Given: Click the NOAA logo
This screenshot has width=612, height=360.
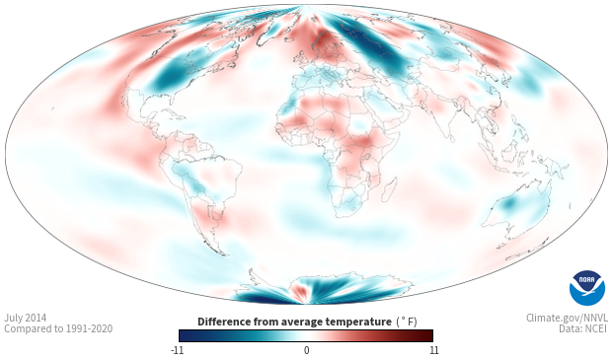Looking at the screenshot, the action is (587, 288).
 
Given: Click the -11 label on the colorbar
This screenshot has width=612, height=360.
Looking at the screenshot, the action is (178, 350).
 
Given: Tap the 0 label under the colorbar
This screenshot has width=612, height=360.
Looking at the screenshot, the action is (306, 350).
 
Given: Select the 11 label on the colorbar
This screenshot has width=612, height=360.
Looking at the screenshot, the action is (434, 350).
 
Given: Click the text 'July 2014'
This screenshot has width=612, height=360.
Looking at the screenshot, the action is (26, 318).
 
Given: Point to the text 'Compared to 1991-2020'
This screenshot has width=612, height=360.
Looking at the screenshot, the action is (58, 328).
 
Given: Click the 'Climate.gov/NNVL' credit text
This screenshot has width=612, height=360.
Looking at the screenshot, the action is (567, 318).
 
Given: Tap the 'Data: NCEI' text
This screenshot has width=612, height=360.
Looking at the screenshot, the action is (583, 328).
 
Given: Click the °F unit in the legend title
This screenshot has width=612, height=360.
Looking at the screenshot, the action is (407, 322).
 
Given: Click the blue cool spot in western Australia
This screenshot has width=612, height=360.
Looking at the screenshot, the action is (508, 203).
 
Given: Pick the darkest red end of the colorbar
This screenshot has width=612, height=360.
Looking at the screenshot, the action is (429, 335).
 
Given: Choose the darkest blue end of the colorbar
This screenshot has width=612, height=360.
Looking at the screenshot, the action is (183, 335).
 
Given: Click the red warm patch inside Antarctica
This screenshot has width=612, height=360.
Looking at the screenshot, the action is (299, 292).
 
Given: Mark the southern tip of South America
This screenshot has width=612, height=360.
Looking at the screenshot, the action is (223, 253).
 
